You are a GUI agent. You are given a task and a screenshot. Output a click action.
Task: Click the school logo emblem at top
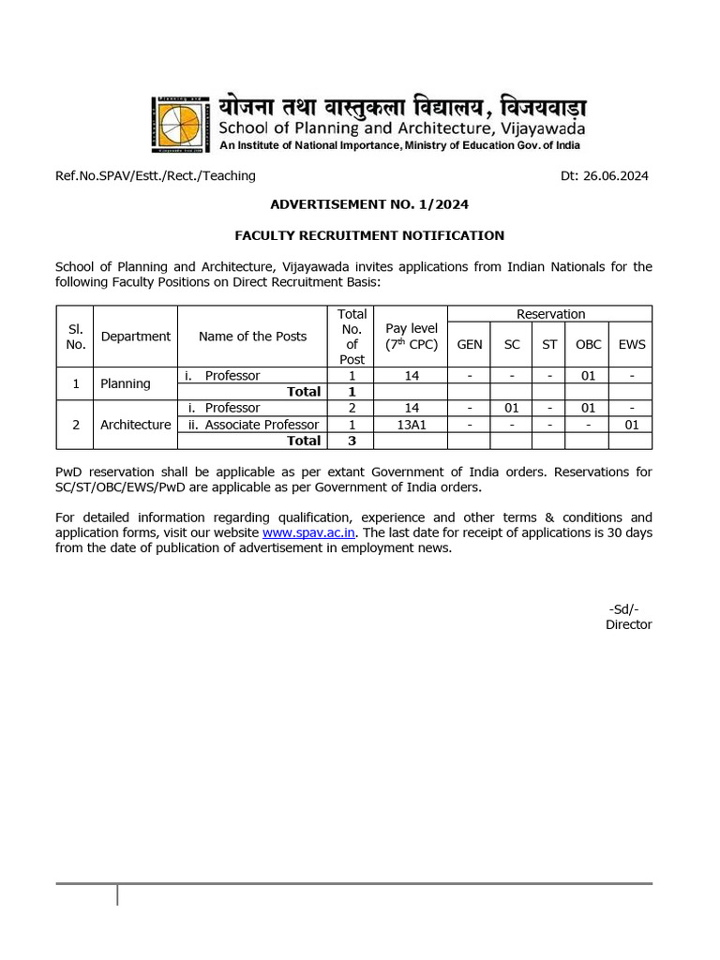pos(178,123)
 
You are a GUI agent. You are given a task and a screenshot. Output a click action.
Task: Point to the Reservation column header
pos(550,314)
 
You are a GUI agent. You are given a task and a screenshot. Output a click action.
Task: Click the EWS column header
pos(632,344)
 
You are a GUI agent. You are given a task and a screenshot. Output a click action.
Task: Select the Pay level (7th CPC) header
pos(412,337)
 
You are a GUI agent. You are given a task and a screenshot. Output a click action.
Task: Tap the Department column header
pos(136,337)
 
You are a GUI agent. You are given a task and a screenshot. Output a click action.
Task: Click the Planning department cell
pos(126,383)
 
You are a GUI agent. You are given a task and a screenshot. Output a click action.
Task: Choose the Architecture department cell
pos(136,425)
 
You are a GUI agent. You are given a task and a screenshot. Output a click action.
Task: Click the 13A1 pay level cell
pos(412,425)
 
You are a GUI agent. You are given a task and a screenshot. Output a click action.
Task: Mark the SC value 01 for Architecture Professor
pos(512,408)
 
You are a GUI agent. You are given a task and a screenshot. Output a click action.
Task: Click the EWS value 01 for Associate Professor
pos(632,425)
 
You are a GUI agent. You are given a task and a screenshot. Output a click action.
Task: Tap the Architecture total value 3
pos(352,441)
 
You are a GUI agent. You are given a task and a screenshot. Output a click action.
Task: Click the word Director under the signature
pos(628,624)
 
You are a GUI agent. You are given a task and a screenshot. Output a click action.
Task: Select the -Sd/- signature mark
pos(624,608)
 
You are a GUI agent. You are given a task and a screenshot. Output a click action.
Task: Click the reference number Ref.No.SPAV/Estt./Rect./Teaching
pos(156,175)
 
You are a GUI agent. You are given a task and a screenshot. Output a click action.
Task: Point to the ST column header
pos(549,344)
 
